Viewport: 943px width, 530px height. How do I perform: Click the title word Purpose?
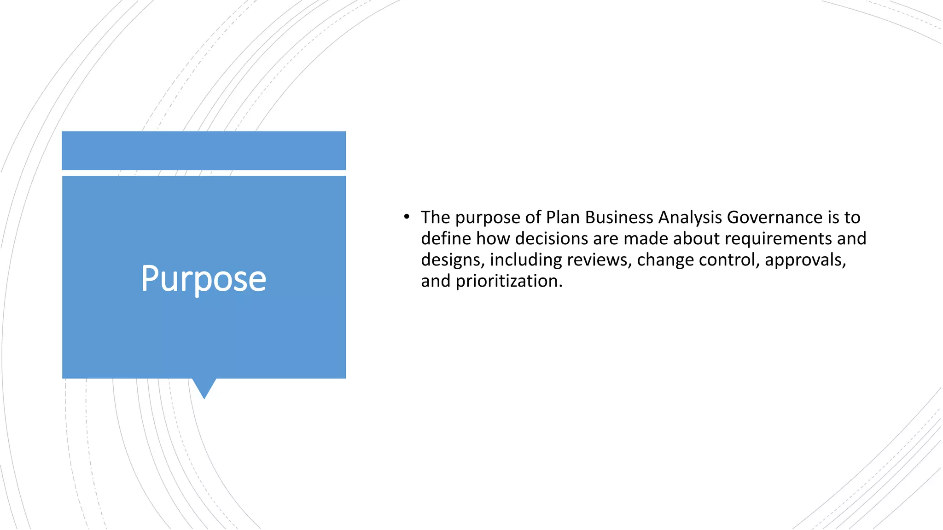(204, 279)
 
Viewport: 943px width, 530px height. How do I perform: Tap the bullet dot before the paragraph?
(406, 216)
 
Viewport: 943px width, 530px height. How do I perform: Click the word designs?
(452, 260)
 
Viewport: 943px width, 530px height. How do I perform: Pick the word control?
(728, 260)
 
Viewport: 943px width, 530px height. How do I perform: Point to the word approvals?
(805, 260)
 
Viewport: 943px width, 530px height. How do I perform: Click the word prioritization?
(509, 281)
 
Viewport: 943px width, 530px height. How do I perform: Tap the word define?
(446, 238)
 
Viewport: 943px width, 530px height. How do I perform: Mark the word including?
(525, 260)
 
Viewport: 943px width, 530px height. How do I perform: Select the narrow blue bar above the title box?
(204, 150)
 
